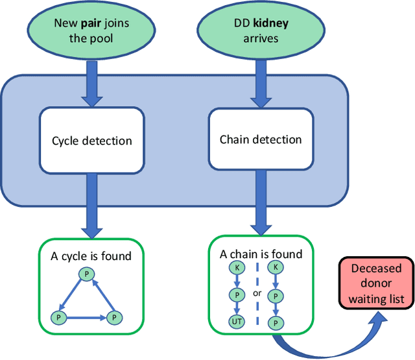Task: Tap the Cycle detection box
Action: (x=91, y=140)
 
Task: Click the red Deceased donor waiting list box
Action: (x=376, y=283)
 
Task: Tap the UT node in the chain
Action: (x=237, y=322)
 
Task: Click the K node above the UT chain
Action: (x=237, y=267)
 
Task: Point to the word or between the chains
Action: (x=257, y=293)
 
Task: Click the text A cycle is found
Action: (x=91, y=256)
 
